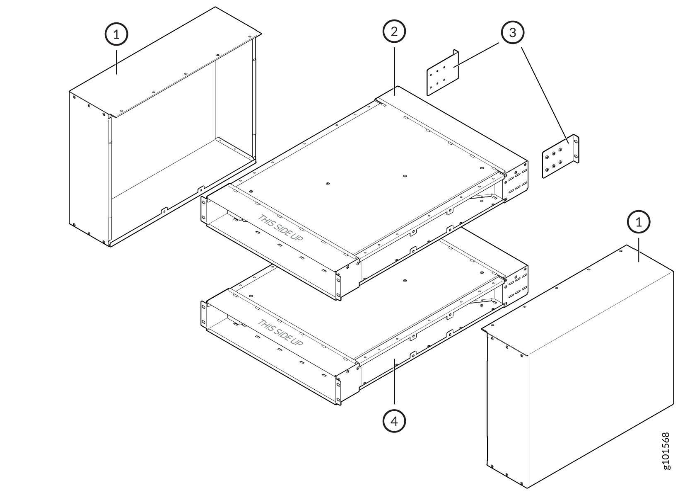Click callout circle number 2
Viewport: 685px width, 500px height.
point(394,32)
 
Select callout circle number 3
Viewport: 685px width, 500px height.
point(513,32)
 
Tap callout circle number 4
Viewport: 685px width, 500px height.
point(394,421)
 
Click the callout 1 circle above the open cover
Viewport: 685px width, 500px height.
point(116,34)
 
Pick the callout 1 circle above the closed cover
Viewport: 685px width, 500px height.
point(639,222)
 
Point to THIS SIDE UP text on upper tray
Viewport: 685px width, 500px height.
point(280,228)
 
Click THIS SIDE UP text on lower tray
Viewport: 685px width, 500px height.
point(280,333)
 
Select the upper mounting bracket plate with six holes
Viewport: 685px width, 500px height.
point(442,73)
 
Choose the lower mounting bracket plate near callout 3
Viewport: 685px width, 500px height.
point(560,156)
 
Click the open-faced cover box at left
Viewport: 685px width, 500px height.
point(165,127)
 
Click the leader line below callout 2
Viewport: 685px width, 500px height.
point(394,71)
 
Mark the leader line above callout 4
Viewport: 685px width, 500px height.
point(394,381)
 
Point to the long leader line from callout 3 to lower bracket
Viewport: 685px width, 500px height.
point(545,95)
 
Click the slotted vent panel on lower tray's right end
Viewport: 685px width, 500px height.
point(516,285)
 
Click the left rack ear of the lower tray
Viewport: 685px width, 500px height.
point(204,314)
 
